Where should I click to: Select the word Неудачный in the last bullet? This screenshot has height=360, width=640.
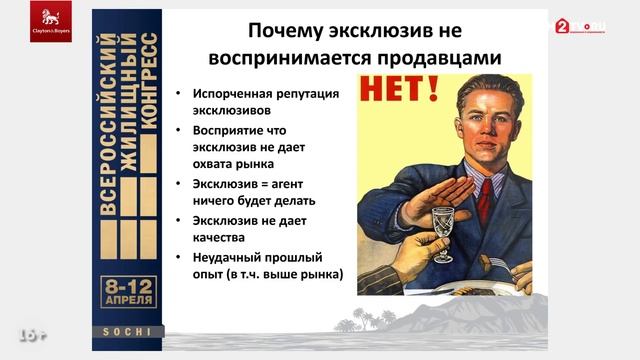(226, 256)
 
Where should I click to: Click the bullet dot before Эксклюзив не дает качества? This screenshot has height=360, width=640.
(176, 220)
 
